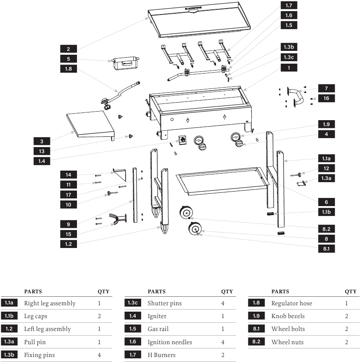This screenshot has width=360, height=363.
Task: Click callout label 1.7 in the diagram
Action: pos(289,5)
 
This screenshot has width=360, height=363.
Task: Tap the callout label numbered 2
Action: pos(68,49)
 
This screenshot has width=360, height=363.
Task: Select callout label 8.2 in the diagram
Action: pos(326,229)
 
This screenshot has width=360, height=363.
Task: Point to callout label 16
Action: pos(326,98)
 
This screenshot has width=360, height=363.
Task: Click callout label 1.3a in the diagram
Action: pos(326,178)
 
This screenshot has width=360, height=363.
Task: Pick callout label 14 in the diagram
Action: pos(68,174)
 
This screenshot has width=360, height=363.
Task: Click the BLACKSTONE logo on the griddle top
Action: pos(193,8)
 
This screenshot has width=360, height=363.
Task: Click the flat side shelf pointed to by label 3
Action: pos(91,125)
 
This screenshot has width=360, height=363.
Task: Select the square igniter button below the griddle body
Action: pos(183,140)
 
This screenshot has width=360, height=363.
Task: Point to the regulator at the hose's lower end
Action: pos(106,103)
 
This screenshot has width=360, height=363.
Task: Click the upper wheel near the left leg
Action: pos(186,212)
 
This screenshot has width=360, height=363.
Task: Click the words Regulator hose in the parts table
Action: pos(292,303)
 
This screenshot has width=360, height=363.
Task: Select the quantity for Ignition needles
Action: pos(223,342)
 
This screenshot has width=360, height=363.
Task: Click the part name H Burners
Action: pos(162,355)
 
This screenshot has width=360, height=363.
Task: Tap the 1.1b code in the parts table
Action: pos(9,316)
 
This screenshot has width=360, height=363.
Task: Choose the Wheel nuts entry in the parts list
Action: pos(287,342)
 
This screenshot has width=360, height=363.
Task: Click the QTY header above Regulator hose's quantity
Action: pos(351,292)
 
